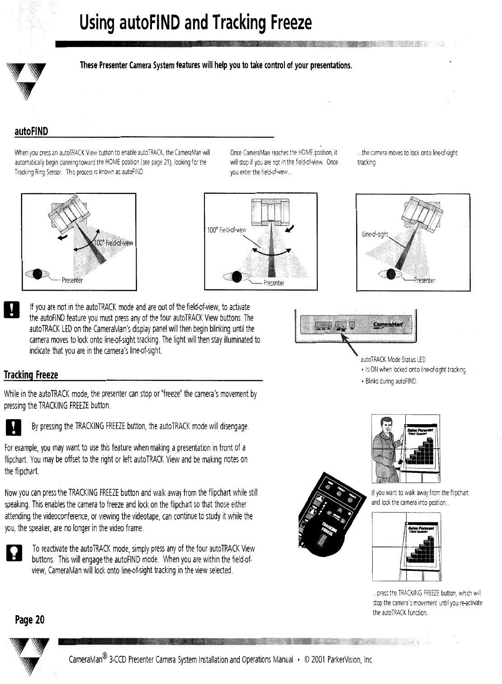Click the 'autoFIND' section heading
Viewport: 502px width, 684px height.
(31, 131)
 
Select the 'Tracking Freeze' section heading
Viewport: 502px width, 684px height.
(31, 375)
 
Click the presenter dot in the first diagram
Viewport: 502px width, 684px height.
(39, 275)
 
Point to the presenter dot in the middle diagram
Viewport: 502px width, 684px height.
(236, 277)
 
